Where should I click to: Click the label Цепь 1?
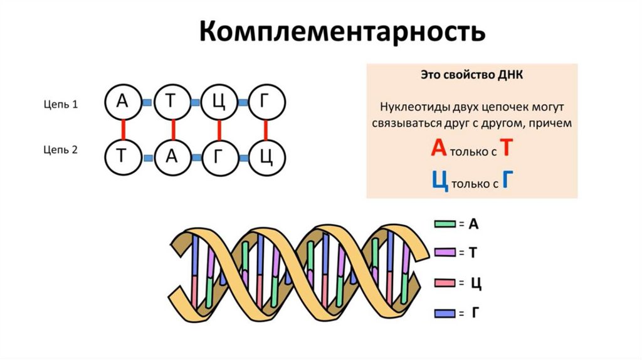[61, 105]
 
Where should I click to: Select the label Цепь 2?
[61, 149]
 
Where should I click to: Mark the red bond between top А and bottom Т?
[124, 130]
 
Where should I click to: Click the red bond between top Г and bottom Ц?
[266, 130]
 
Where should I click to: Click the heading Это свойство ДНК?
[471, 75]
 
